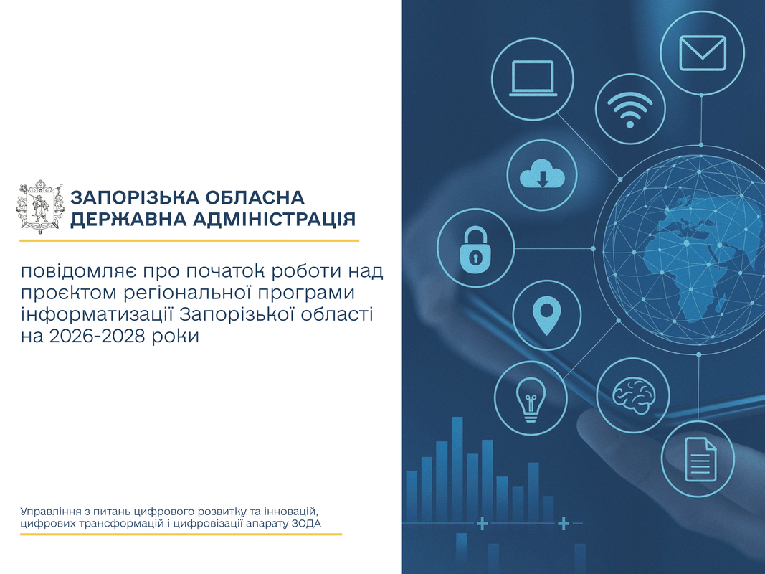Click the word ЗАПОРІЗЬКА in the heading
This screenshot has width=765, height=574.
(135, 198)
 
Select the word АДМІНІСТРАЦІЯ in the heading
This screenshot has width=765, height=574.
(274, 219)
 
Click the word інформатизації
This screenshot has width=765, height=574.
(97, 314)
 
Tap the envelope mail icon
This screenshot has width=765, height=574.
(703, 53)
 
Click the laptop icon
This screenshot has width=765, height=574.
(533, 79)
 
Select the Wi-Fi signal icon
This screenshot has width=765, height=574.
(630, 109)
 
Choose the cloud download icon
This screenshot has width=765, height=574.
(542, 175)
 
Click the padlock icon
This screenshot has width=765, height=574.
(475, 249)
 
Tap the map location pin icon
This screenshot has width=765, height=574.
(546, 315)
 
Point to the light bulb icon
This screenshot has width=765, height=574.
(531, 400)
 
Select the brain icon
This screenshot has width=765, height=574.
(633, 395)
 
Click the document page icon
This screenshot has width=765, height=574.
(700, 458)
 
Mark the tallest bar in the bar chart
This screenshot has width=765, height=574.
(457, 469)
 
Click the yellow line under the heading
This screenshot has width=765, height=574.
(189, 240)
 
